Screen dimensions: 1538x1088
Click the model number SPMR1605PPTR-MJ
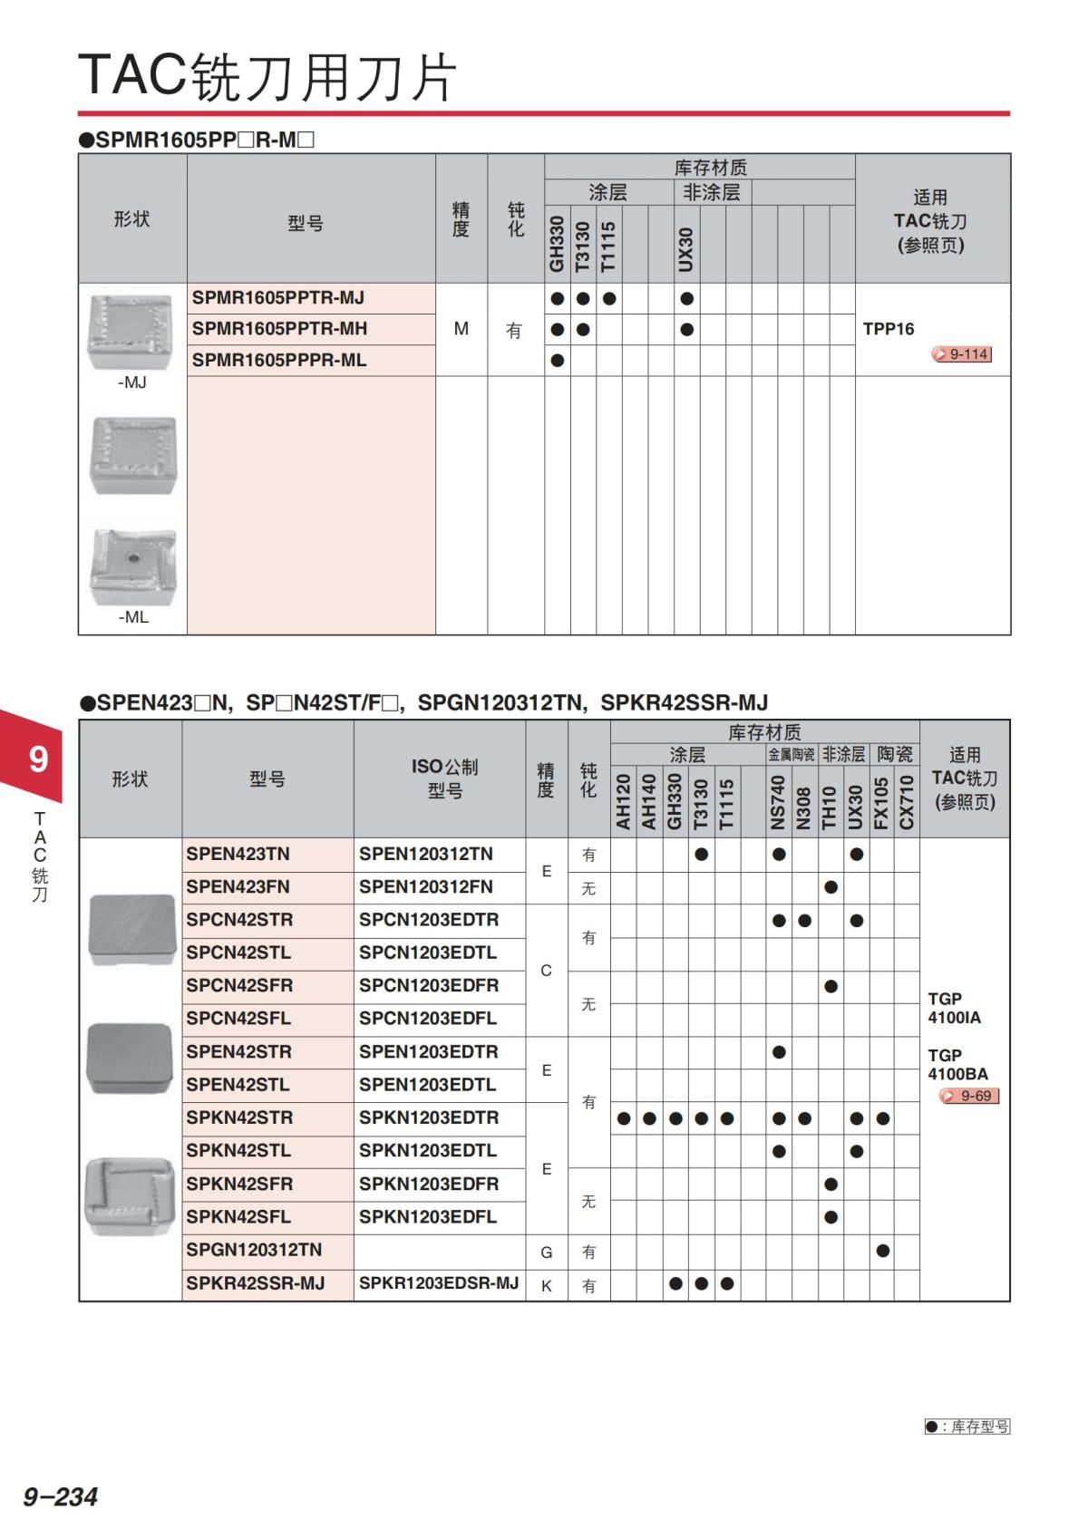[278, 298]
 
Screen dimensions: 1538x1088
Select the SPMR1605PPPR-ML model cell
[279, 361]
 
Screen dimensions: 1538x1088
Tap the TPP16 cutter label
[889, 329]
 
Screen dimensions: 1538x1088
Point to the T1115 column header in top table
[608, 246]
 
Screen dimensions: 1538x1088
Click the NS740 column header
[778, 802]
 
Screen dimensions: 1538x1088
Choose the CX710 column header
[907, 802]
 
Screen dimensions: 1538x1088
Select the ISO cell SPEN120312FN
[426, 887]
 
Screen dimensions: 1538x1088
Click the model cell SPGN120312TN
[254, 1250]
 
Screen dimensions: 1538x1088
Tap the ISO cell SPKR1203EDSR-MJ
[439, 1283]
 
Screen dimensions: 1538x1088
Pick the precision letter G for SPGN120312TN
[547, 1253]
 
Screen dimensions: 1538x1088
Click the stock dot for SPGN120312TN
[882, 1252]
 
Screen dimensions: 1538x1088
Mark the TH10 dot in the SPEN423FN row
[831, 887]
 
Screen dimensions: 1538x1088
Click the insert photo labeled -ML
[132, 567]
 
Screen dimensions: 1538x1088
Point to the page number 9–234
[61, 1496]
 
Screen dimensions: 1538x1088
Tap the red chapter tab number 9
[38, 758]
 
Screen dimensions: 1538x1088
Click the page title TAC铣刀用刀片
[267, 76]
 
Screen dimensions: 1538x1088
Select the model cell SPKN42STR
[239, 1118]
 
